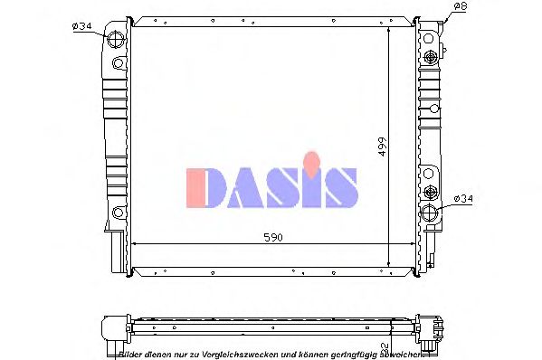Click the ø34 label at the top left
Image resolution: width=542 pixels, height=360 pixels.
click(x=81, y=26)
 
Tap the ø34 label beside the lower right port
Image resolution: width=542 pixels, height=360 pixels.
click(x=462, y=197)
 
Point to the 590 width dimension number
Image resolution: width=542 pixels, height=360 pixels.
click(x=272, y=237)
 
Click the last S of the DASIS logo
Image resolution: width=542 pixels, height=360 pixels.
click(x=341, y=188)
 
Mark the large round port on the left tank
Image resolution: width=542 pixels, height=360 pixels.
click(x=117, y=41)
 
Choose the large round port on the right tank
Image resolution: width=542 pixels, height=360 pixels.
click(x=430, y=213)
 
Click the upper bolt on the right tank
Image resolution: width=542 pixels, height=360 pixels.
click(x=430, y=58)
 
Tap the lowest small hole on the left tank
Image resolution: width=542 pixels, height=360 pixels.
click(x=117, y=213)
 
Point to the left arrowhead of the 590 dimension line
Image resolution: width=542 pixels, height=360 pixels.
click(x=136, y=244)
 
